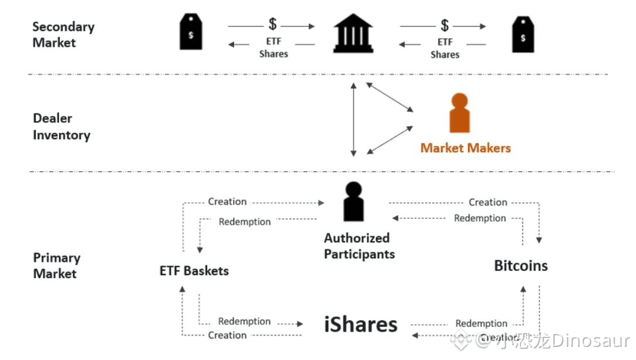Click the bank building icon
[353, 33]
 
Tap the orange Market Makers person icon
[460, 113]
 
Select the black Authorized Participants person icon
[354, 201]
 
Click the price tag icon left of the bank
[190, 31]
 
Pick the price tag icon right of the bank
[522, 35]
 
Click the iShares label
[361, 324]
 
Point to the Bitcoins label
[521, 266]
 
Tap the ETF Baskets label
[194, 271]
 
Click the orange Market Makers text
[465, 147]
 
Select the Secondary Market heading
[63, 35]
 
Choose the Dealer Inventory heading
[61, 126]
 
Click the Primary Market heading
[56, 266]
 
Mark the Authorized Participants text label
[359, 246]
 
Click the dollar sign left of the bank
[272, 24]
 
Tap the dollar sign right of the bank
[444, 25]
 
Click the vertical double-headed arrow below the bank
[354, 119]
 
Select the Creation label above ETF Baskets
[227, 201]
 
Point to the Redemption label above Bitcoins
[479, 218]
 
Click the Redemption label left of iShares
[244, 321]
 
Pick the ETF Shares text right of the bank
[445, 48]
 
